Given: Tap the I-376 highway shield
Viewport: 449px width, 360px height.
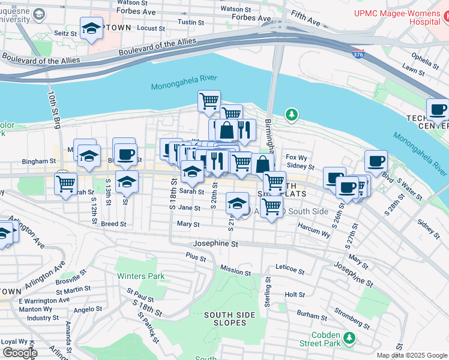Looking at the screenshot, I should (358, 55).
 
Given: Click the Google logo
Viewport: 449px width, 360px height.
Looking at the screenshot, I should (20, 353).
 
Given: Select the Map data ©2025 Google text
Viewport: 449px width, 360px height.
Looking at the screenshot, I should (411, 355).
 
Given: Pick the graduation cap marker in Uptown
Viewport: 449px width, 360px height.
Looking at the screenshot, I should (91, 28).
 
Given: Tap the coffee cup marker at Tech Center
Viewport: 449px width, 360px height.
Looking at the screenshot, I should (438, 110).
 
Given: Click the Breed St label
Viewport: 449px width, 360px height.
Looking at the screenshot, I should (113, 224).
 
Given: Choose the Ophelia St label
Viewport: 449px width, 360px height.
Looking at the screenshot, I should (421, 60).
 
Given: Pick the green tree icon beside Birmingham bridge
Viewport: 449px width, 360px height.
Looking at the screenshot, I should (291, 113).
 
